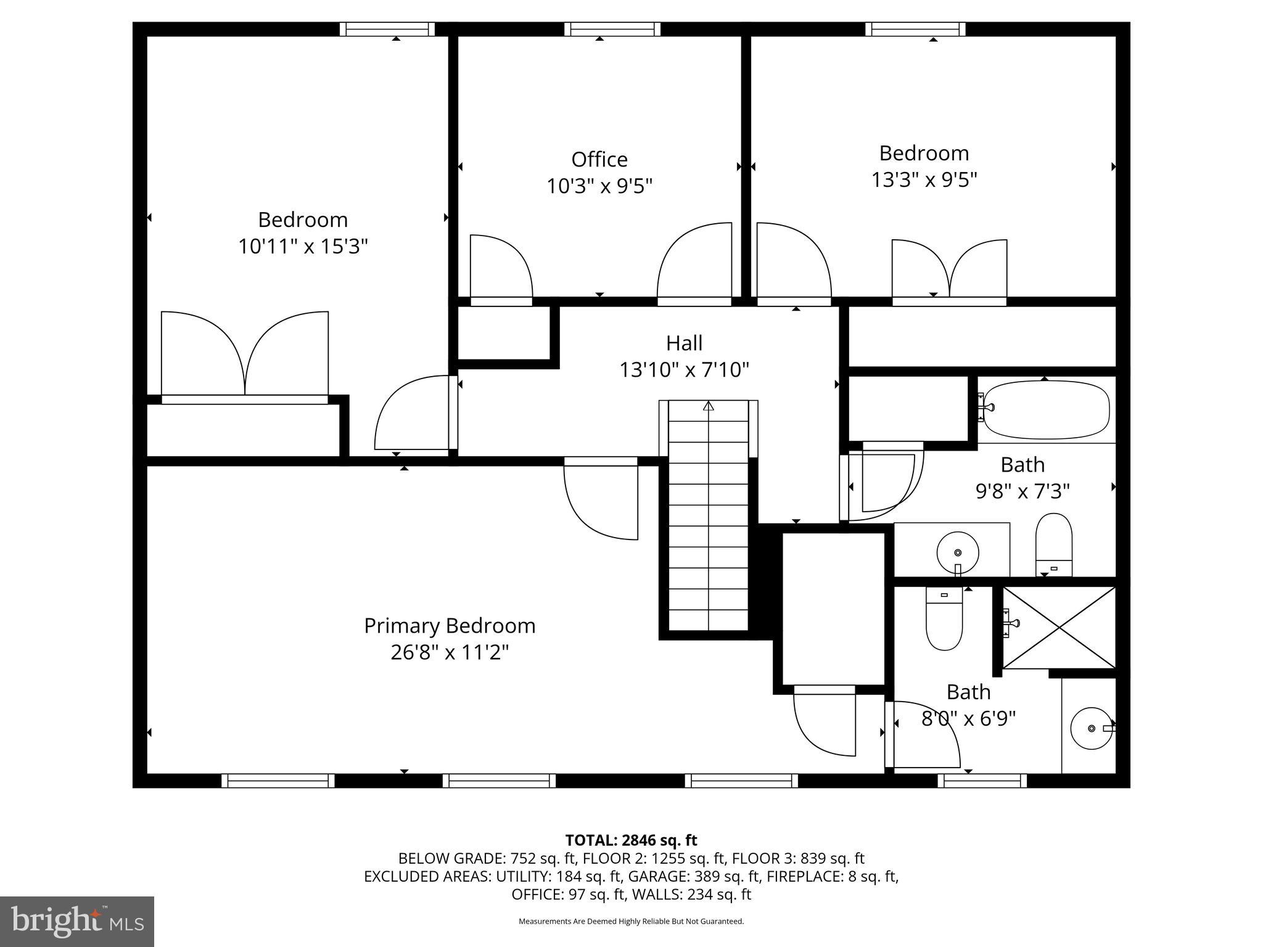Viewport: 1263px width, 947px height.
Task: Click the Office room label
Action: [599, 159]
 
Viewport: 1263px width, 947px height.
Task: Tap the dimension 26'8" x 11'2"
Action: [450, 652]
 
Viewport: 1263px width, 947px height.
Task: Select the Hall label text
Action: [684, 343]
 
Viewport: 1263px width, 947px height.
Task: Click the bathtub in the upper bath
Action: [1047, 409]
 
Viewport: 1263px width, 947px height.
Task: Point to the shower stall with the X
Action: [1059, 628]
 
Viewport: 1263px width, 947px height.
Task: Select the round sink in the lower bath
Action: [1092, 728]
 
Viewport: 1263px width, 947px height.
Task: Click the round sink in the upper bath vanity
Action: [957, 552]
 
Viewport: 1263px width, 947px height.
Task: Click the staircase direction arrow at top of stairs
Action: [709, 406]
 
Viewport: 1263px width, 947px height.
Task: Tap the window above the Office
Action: [612, 29]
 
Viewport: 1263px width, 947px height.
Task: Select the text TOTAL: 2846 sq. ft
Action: [631, 840]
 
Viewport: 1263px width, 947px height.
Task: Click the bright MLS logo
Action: [77, 922]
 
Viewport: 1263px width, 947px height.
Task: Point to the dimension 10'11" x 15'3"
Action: [303, 247]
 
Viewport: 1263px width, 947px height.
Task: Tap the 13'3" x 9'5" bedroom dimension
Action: [924, 180]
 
